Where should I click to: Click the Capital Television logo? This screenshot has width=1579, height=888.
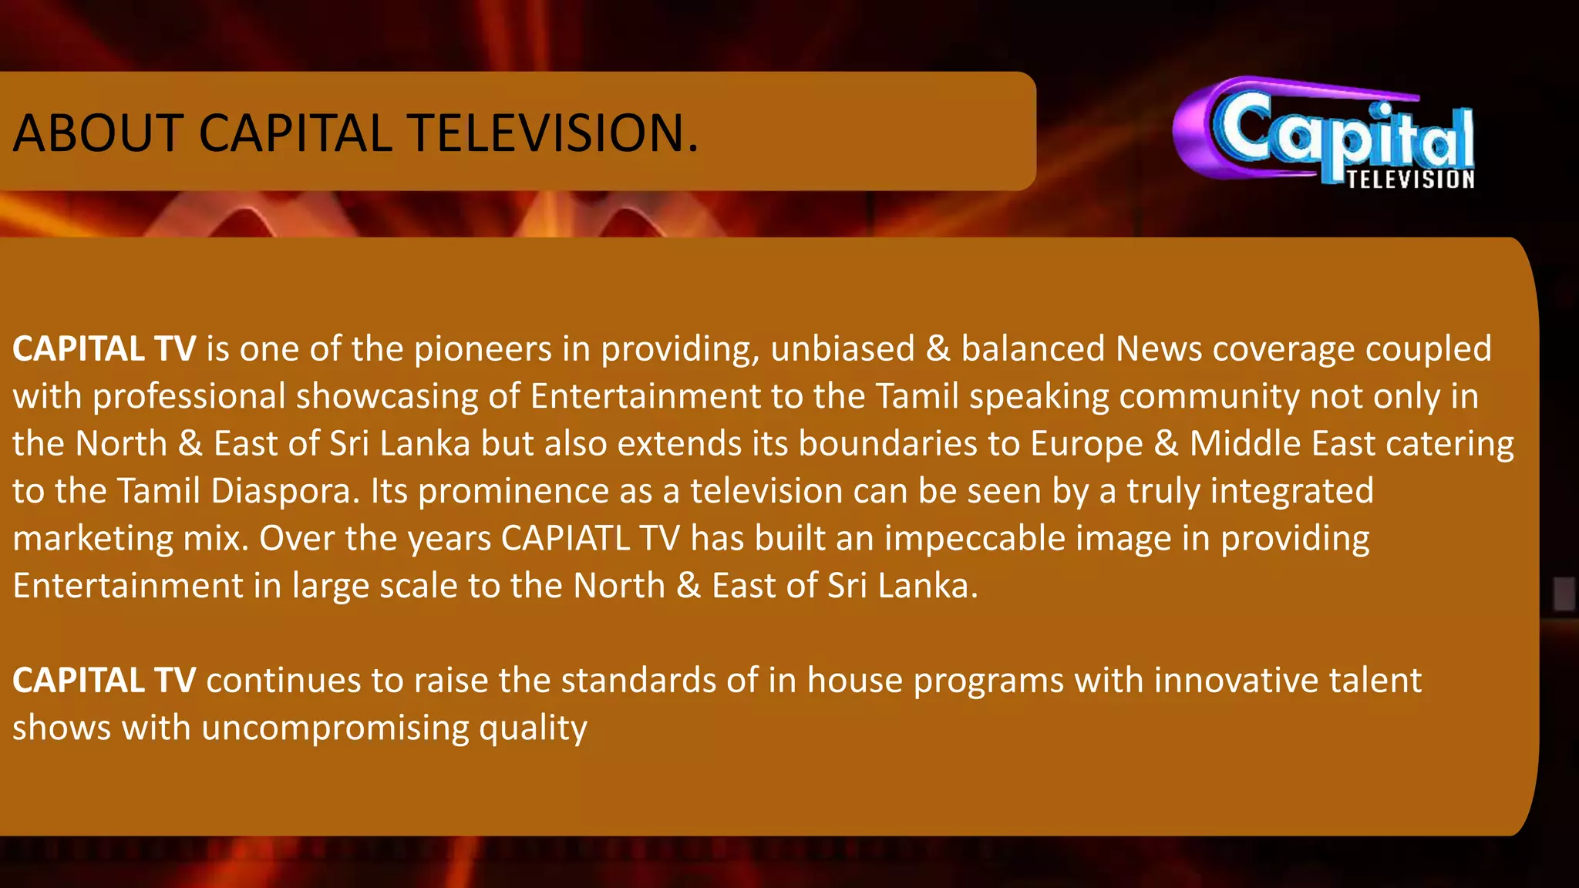point(1324,133)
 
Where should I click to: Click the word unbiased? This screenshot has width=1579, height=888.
point(842,349)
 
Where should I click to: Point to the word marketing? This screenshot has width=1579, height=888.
point(93,539)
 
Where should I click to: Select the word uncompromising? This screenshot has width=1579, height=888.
point(335,728)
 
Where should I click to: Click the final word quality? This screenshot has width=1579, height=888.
point(533,728)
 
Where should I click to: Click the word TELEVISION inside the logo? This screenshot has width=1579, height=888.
point(1410,180)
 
